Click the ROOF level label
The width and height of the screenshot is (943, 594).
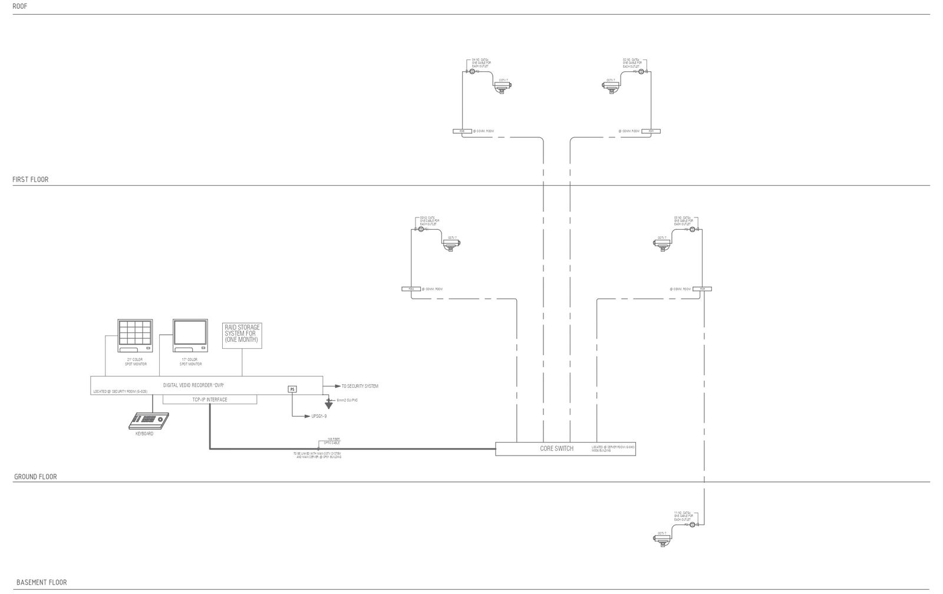click(x=20, y=6)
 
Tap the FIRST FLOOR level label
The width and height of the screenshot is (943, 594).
click(x=31, y=179)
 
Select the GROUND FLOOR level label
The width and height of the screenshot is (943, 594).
click(x=35, y=477)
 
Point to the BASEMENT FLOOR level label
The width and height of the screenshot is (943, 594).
click(x=41, y=582)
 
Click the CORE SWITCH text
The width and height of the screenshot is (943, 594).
click(x=556, y=448)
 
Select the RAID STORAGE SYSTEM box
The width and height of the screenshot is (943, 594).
click(x=242, y=335)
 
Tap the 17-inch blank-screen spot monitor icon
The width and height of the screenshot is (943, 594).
click(x=190, y=335)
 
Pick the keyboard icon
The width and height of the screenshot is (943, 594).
click(x=149, y=421)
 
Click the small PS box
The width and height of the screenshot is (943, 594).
click(x=292, y=389)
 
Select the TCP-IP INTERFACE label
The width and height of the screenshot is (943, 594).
click(x=210, y=400)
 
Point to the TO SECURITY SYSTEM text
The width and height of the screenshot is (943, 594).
click(x=360, y=386)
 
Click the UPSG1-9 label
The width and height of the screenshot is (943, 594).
click(x=319, y=416)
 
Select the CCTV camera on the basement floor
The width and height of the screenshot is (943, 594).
click(x=663, y=539)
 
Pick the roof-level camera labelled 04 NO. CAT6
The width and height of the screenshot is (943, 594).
click(x=502, y=87)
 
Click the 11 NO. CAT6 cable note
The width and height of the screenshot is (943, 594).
click(x=682, y=516)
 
